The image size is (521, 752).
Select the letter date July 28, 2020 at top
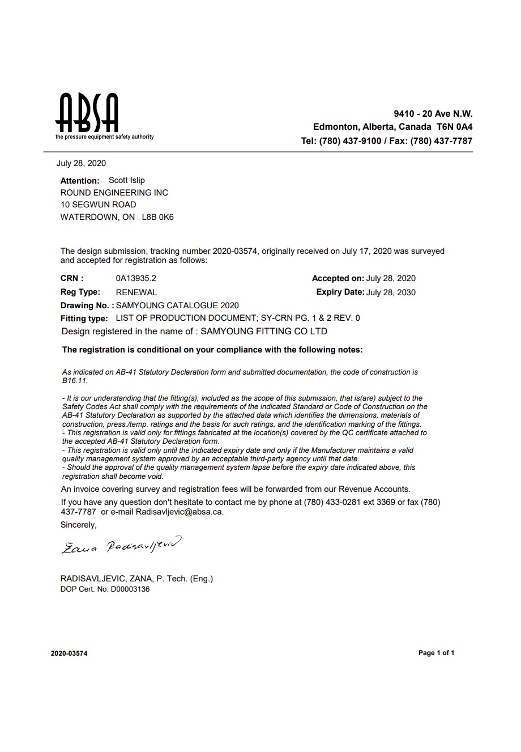point(81,164)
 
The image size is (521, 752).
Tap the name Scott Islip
point(126,180)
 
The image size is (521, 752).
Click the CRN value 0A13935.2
point(135,278)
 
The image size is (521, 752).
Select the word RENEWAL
point(136,292)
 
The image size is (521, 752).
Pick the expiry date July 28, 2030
point(391,292)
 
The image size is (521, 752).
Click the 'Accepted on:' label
point(338,278)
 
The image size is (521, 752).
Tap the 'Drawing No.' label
point(87,305)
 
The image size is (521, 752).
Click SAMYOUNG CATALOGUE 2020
point(177,305)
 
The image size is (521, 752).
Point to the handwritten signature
point(122,545)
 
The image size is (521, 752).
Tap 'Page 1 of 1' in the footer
point(436,653)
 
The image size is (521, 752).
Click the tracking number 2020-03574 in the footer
point(69,653)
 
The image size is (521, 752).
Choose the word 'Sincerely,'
point(79,525)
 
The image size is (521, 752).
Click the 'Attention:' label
point(80,181)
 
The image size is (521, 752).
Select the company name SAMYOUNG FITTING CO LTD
point(264,332)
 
